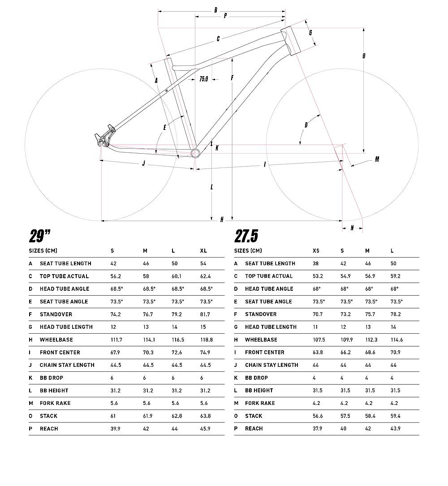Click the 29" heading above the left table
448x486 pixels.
point(40,236)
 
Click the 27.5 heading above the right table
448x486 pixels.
point(246,236)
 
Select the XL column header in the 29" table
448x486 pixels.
point(203,251)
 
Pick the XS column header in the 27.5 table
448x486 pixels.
point(316,251)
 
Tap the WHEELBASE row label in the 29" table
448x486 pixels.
point(56,340)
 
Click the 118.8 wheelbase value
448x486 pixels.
point(207,340)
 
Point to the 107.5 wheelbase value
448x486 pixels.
point(319,340)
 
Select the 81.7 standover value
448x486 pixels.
point(205,314)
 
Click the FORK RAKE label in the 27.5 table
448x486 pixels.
point(260,403)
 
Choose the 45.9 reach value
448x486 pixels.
point(205,429)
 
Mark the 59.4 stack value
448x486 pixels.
point(395,416)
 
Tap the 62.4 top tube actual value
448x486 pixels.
point(205,276)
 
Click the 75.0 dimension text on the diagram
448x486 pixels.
point(204,79)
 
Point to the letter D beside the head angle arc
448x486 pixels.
point(306,125)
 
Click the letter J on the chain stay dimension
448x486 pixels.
point(143,163)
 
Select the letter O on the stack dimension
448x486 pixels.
point(364,56)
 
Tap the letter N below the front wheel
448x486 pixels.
point(352,228)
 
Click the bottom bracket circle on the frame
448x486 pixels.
point(195,152)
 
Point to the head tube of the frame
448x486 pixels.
point(292,41)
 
